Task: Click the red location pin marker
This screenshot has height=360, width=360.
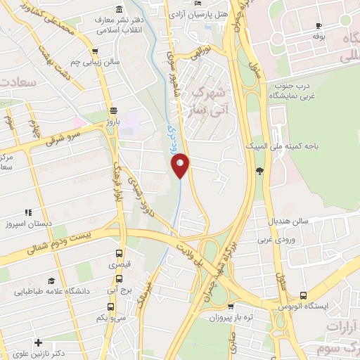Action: click(x=181, y=165)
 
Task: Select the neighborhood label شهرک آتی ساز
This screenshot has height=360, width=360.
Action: click(x=209, y=101)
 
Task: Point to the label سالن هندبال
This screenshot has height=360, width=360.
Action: click(x=288, y=220)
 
